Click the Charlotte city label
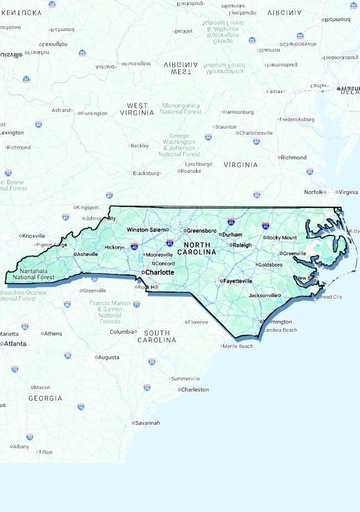pyautogui.click(x=160, y=272)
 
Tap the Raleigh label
pyautogui.click(x=242, y=245)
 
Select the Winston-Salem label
pyautogui.click(x=147, y=229)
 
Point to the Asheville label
pyautogui.click(x=88, y=254)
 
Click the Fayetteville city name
pyautogui.click(x=237, y=281)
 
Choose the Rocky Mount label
pyautogui.click(x=282, y=238)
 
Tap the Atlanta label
pyautogui.click(x=15, y=344)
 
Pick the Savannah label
pyautogui.click(x=148, y=423)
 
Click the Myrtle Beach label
pyautogui.click(x=238, y=346)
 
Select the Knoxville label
pyautogui.click(x=34, y=235)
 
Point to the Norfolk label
pyautogui.click(x=313, y=192)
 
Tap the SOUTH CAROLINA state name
pyautogui.click(x=157, y=336)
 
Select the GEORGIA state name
pyautogui.click(x=45, y=398)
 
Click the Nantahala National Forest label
pyautogui.click(x=33, y=274)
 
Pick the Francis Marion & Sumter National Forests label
pyautogui.click(x=110, y=312)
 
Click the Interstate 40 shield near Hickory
pyautogui.click(x=135, y=245)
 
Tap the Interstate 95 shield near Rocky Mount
pyautogui.click(x=266, y=226)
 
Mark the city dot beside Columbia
pyautogui.click(x=136, y=332)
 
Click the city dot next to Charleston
pyautogui.click(x=179, y=390)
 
